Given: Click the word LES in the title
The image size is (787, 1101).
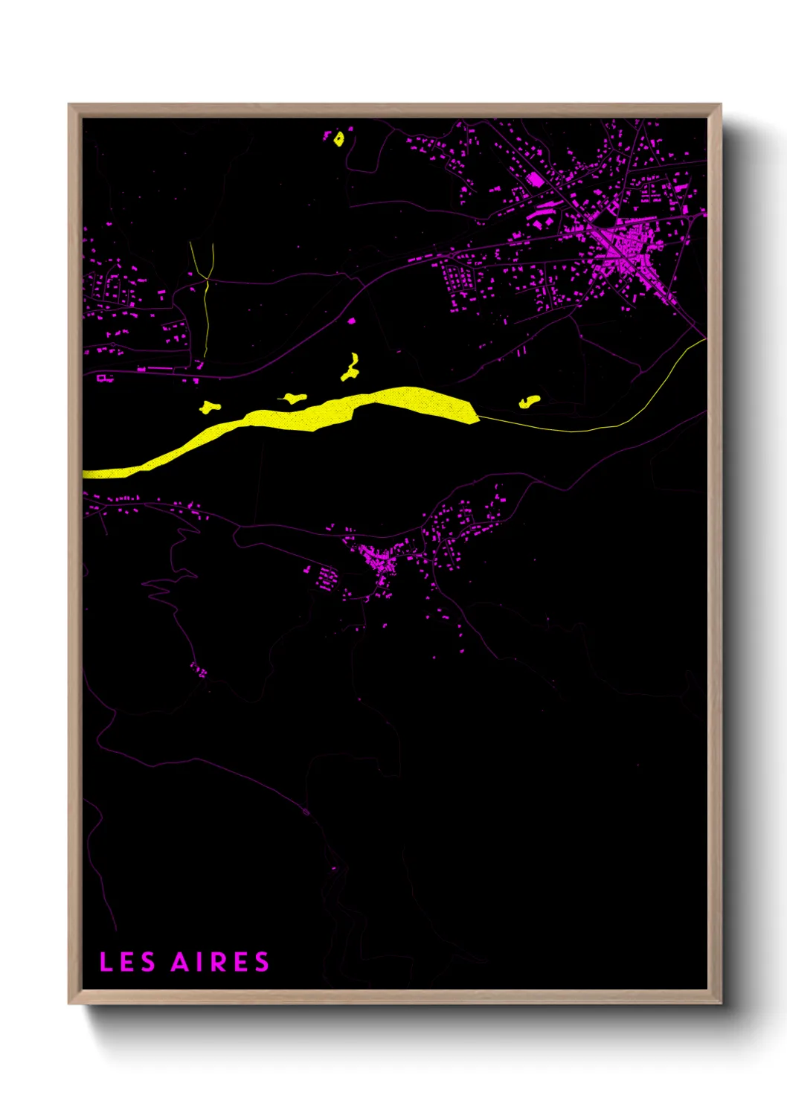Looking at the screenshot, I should [127, 962].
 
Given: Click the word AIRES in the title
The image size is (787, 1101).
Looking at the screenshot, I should [220, 962].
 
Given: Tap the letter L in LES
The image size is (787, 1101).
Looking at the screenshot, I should [106, 962].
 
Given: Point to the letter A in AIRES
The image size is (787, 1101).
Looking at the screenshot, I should [181, 962].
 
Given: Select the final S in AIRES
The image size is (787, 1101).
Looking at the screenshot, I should [262, 962].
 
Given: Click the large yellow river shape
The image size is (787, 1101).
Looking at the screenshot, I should [312, 417].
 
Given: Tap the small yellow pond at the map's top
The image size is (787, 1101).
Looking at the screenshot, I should [339, 138].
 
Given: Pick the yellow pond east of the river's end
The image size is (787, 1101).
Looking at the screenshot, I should [529, 402].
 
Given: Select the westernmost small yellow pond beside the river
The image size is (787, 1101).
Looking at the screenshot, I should [210, 407].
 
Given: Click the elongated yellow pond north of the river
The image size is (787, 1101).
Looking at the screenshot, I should [350, 367].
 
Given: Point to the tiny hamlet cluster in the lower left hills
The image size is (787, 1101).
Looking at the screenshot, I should [199, 671].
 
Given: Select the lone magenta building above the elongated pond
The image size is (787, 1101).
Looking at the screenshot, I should [352, 321].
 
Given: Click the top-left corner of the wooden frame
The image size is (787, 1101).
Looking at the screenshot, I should [70, 106].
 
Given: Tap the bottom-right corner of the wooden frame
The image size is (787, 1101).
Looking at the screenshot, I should [720, 1002].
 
